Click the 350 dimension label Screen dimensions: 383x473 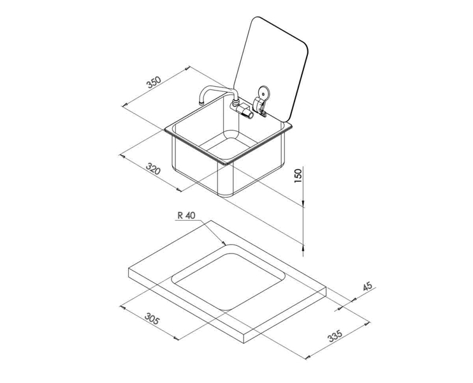point(152,84)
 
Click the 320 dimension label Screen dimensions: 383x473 point(152,169)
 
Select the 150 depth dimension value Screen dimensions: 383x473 point(298,176)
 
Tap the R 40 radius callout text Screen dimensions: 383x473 point(186,216)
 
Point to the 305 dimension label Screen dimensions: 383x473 point(151,319)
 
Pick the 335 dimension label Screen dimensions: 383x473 point(335,334)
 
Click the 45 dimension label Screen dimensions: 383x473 point(367,287)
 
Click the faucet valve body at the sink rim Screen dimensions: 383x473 point(244,110)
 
